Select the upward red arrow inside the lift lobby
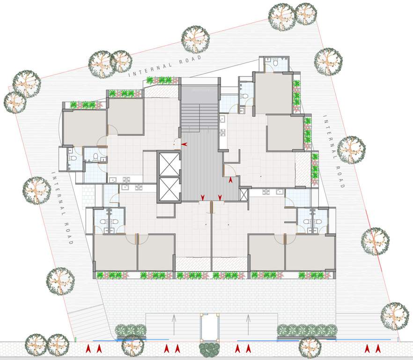coord(230,179)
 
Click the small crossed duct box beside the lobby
coord(243,194)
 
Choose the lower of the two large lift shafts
coord(169,189)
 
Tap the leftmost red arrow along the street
coord(88,348)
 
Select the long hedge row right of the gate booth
coord(307,330)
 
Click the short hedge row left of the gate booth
coord(131,330)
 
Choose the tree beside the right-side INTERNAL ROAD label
coord(351,149)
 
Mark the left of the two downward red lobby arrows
coord(203,197)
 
